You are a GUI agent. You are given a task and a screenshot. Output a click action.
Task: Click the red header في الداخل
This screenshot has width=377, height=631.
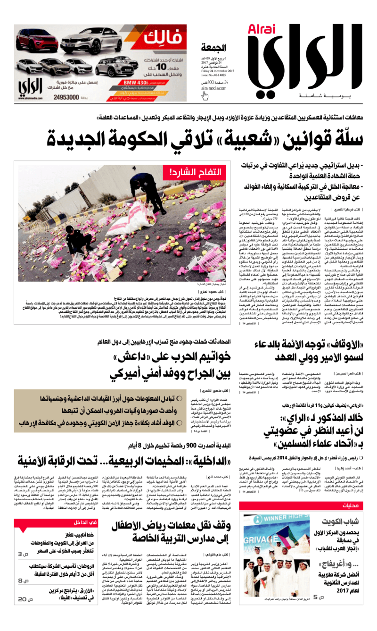tap(86, 522)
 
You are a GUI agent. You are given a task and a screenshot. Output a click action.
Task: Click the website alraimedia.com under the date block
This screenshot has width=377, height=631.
tap(213, 88)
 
